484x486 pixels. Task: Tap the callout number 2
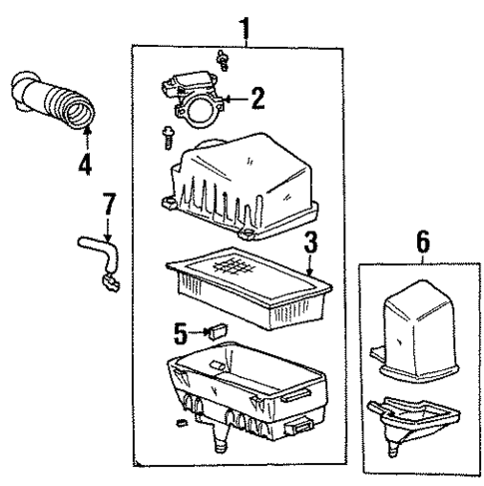[x=257, y=98]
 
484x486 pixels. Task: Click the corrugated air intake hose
[x=55, y=101]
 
